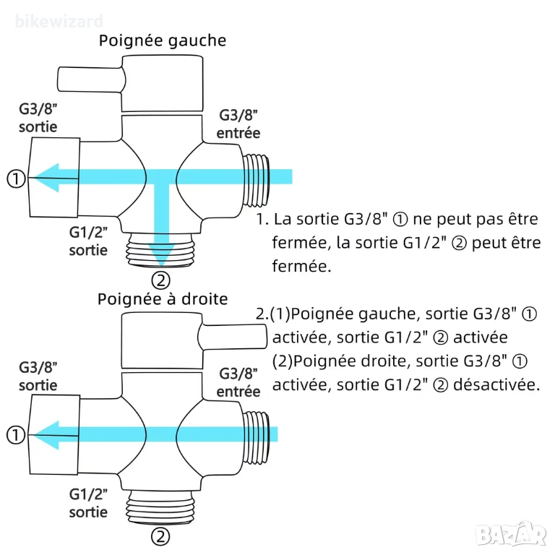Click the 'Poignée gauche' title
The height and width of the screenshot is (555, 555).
coord(162,40)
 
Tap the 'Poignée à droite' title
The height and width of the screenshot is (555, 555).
coord(163,299)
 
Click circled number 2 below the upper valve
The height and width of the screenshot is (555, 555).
coord(160,280)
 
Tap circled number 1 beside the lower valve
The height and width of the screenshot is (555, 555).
coord(16,435)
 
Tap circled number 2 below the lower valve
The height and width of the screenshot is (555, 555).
coord(160,536)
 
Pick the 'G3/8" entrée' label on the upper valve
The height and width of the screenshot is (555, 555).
coord(238,124)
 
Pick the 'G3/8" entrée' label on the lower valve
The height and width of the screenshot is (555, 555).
coord(238,382)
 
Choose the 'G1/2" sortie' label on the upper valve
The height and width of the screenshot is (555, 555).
coord(88,241)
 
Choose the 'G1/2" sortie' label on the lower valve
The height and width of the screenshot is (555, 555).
coord(88,503)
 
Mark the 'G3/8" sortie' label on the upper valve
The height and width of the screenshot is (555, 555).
coord(38,119)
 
